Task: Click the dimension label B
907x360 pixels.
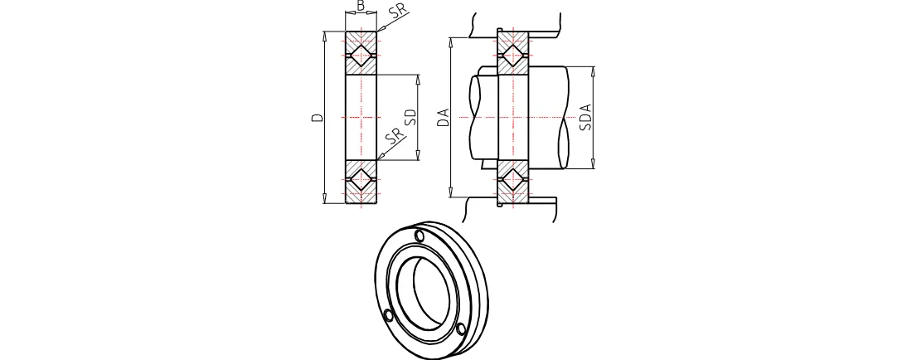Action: (x=360, y=6)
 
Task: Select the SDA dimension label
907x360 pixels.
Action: (x=585, y=117)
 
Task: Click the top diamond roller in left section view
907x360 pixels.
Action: (x=361, y=55)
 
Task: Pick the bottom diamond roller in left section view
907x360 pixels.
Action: (x=361, y=178)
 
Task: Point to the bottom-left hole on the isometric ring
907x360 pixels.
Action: (x=388, y=315)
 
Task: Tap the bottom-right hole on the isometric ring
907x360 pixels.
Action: (x=462, y=329)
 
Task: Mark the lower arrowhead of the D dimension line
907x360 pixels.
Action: (x=325, y=200)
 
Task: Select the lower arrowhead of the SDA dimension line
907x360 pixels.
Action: (x=594, y=166)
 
